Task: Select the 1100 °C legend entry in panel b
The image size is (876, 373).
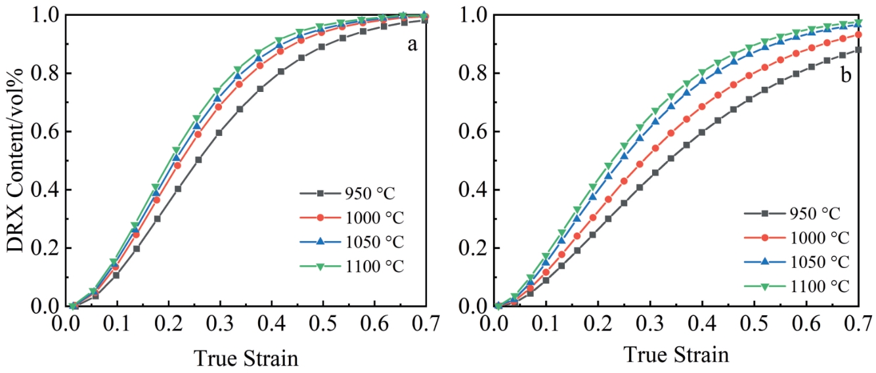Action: [x=818, y=286]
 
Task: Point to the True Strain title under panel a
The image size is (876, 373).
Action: [x=246, y=359]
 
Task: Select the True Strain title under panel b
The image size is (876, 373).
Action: [x=676, y=355]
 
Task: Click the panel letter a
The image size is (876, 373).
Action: [x=412, y=45]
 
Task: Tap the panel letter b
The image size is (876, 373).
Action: [x=846, y=76]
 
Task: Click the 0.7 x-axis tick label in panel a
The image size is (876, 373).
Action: [x=427, y=326]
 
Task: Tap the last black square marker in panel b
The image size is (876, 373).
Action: [x=858, y=50]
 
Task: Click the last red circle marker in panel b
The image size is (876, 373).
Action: [x=858, y=34]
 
